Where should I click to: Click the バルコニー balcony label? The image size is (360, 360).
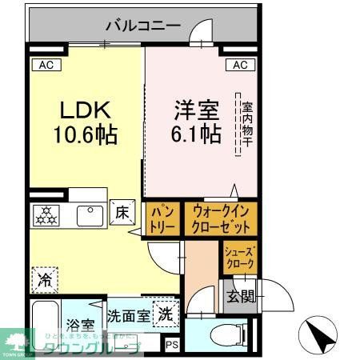coord(143,26)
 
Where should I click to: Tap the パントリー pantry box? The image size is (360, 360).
coord(162,218)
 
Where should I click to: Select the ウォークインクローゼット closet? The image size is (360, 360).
coord(220,218)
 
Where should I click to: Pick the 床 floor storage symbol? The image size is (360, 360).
coord(122,213)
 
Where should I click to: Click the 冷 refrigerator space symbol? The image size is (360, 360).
coord(45,280)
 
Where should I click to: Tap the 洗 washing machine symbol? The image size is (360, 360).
coord(166,314)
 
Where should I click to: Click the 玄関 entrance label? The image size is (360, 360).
coord(238,297)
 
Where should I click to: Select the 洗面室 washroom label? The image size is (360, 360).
coord(128,315)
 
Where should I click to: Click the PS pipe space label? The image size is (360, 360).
coord(172,345)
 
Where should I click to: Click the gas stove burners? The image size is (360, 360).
coord(46,214)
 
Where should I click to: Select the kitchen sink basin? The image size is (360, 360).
coord(85,214)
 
